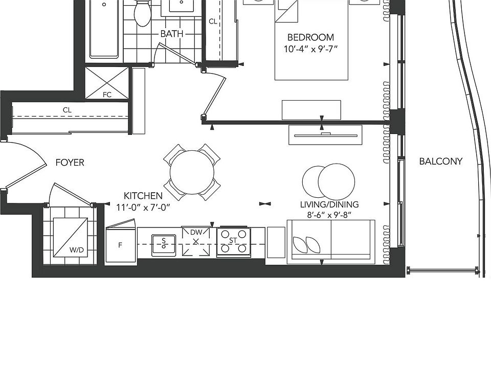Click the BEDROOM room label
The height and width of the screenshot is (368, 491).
(x=310, y=37)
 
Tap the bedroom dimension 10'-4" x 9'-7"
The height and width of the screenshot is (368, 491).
(x=310, y=50)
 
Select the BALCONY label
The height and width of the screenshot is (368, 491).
(x=440, y=162)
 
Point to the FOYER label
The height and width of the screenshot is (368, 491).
(x=70, y=163)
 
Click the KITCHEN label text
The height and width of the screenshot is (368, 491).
(x=143, y=196)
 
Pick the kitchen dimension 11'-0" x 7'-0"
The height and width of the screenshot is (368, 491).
(x=143, y=208)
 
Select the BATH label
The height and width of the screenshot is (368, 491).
(x=171, y=34)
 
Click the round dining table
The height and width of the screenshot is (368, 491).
(x=192, y=172)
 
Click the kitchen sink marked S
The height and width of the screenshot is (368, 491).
(x=164, y=242)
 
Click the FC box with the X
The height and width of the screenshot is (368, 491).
(x=107, y=83)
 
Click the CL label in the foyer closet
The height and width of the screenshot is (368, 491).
(x=67, y=110)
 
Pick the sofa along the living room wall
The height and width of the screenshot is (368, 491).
(x=330, y=242)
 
